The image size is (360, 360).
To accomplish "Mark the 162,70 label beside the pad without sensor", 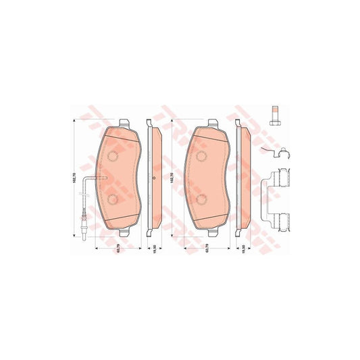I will click(173, 178).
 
